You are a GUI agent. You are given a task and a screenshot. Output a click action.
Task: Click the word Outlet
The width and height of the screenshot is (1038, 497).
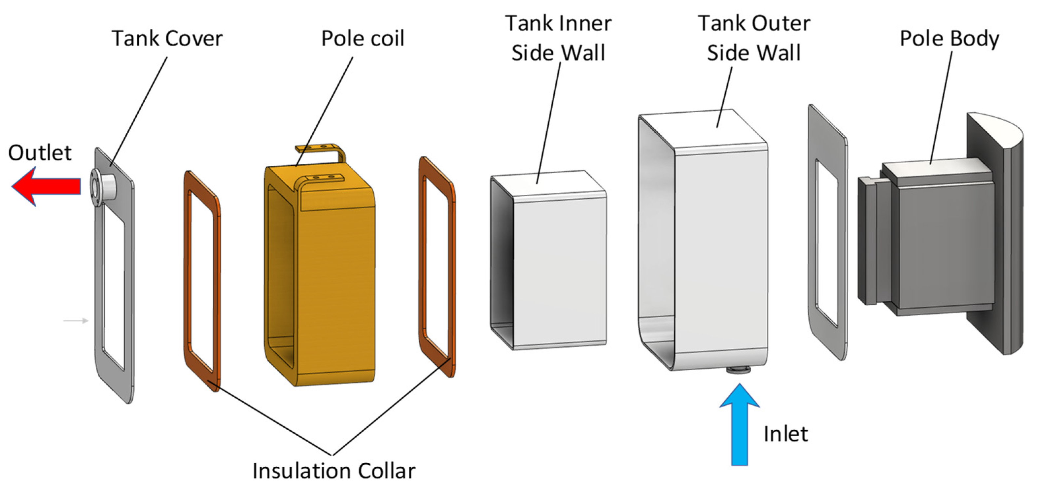(40, 153)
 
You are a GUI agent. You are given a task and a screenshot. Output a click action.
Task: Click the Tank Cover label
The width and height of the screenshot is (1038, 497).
(167, 39)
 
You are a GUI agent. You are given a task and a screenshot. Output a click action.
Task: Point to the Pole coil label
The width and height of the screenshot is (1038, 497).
(362, 39)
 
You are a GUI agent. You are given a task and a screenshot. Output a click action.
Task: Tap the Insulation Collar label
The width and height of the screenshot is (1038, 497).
(334, 471)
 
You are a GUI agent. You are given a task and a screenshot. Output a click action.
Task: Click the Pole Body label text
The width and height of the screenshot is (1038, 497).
(949, 39)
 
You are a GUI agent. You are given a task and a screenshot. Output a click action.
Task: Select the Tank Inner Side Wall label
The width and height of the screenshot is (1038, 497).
(558, 38)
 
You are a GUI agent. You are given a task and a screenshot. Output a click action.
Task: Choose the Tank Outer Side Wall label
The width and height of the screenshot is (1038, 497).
(753, 38)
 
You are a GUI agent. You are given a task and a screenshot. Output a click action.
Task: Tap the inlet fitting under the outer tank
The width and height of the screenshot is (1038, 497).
(738, 370)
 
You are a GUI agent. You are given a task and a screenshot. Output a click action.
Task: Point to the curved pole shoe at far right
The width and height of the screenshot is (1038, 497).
(1007, 234)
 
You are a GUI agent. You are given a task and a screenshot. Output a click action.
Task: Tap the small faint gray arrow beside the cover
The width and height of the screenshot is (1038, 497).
(76, 320)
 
